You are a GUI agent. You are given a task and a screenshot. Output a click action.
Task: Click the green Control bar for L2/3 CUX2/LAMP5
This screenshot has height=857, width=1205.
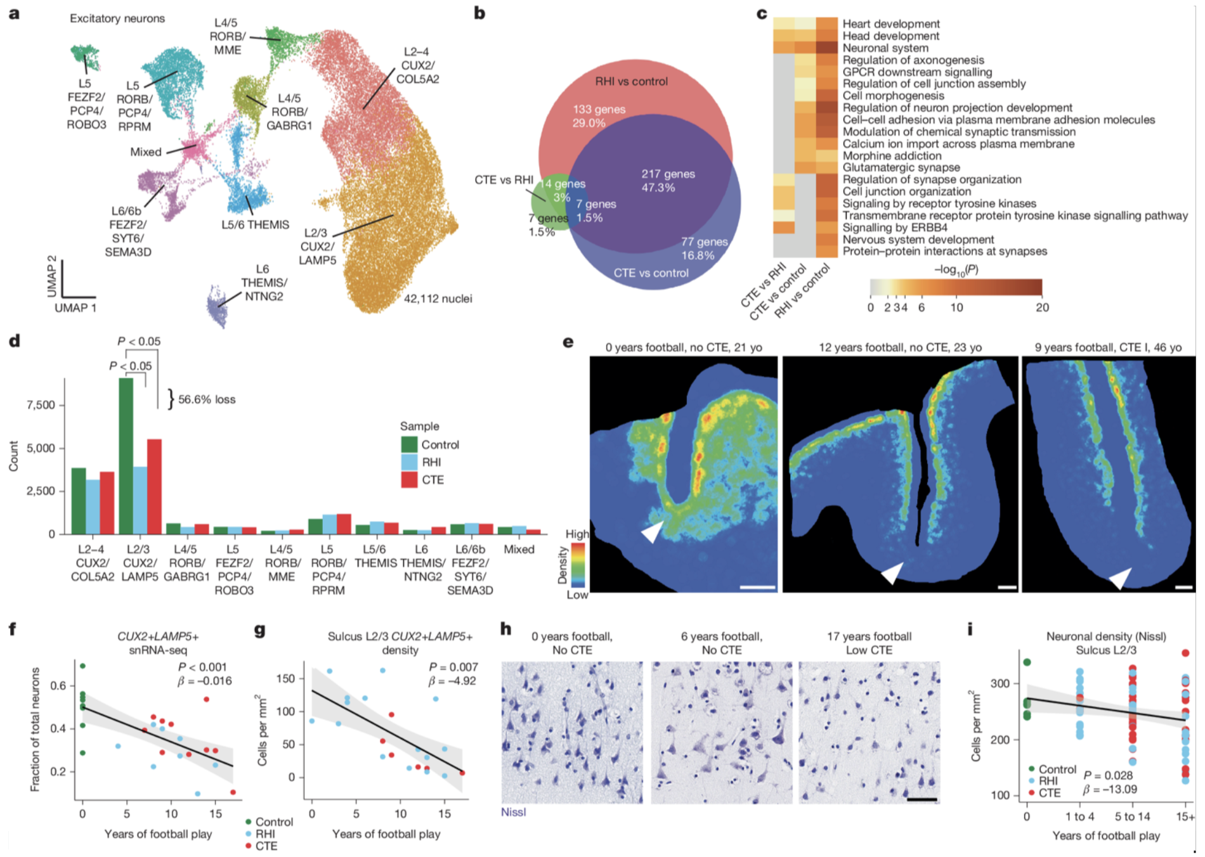pos(126,456)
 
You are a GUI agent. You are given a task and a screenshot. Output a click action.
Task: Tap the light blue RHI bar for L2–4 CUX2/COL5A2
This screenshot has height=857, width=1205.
pos(93,506)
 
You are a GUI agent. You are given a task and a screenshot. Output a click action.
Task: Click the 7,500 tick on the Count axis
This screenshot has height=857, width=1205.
pos(41,405)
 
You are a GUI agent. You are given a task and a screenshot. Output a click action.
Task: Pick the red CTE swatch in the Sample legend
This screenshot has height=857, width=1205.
pos(409,480)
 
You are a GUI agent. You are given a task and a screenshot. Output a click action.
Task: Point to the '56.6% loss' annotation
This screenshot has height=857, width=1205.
pos(207,399)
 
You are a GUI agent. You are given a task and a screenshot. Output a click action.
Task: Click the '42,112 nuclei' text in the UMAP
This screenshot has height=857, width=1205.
pos(438,299)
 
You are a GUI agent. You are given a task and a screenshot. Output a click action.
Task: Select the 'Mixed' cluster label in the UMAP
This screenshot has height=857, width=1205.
pos(146,152)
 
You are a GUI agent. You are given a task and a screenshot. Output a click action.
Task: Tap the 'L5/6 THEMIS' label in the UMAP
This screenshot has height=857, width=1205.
pos(255,225)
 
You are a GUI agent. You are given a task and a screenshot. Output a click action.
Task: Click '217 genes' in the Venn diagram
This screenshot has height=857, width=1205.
pos(668,174)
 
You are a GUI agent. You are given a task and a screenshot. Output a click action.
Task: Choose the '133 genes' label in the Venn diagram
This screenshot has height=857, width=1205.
pos(599,109)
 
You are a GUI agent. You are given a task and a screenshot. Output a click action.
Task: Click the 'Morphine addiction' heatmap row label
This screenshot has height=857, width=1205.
pos(892,156)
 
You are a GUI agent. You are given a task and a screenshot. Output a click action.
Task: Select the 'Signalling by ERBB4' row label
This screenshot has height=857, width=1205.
pos(895,228)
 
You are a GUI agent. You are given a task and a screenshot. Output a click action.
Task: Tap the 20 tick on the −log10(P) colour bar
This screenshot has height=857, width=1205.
pos(1042,307)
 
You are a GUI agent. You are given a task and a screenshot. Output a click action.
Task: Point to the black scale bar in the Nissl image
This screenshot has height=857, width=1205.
pos(922,800)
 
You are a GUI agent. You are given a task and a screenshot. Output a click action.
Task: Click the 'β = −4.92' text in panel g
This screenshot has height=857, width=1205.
pos(452,681)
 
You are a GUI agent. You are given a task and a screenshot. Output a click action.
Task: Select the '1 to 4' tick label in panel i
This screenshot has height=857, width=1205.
pos(1079,816)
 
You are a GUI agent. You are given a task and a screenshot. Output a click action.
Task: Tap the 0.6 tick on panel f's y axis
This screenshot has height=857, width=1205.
pos(58,686)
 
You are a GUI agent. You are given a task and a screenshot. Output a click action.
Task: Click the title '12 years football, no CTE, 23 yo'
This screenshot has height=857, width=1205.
pos(900,347)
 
